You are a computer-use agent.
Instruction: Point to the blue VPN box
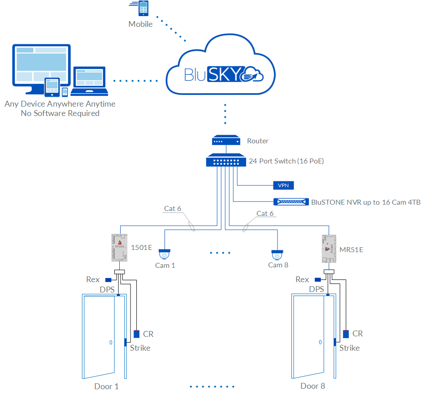pyautogui.click(x=283, y=185)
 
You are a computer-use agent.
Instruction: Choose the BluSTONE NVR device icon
pyautogui.click(x=291, y=202)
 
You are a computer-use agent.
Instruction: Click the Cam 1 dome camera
pyautogui.click(x=165, y=254)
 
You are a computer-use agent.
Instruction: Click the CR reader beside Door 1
pyautogui.click(x=137, y=334)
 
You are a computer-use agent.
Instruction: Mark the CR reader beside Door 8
pyautogui.click(x=346, y=334)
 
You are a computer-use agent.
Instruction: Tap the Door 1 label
pyautogui.click(x=106, y=386)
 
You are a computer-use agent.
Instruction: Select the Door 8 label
pyautogui.click(x=312, y=386)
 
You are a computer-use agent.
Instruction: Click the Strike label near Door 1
pyautogui.click(x=140, y=348)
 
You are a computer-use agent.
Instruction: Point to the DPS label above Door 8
pyautogui.click(x=317, y=290)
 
